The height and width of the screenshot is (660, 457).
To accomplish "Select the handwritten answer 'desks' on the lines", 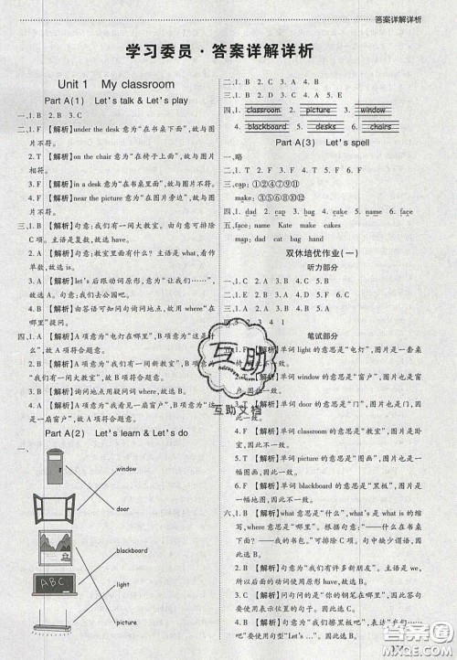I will pos(327,127).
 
